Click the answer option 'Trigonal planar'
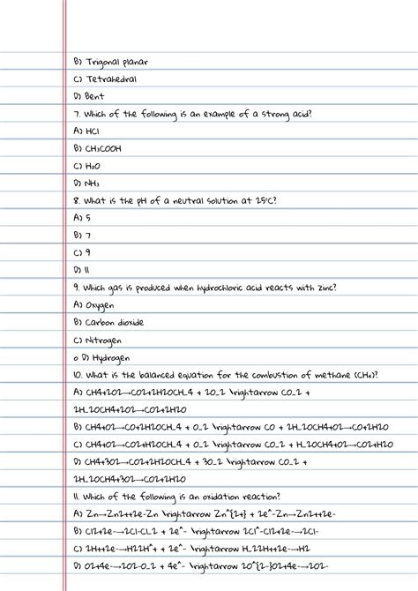[116, 63]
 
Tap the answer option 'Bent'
[95, 96]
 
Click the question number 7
[77, 114]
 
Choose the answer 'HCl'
[93, 131]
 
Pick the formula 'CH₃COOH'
[103, 148]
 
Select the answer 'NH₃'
[93, 183]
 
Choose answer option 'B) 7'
[82, 235]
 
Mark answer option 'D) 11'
[82, 269]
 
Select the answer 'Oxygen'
[100, 304]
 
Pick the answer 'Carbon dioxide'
[114, 321]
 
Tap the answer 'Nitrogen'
[104, 339]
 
